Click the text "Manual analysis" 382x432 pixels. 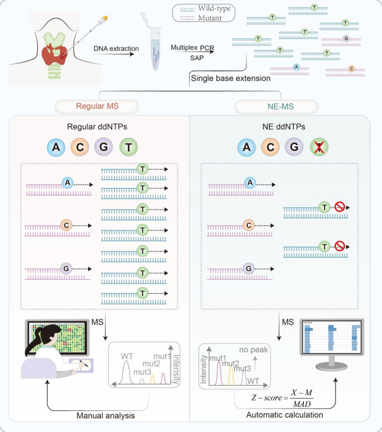(x=106, y=415)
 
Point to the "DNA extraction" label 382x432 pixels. (x=117, y=48)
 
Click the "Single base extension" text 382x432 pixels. (x=231, y=79)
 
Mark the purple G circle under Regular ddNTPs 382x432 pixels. (x=104, y=148)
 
